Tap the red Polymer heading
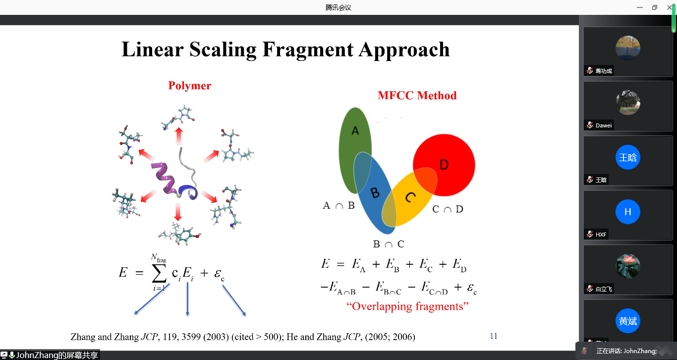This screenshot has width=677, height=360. [x=189, y=86]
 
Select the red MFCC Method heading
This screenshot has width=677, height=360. [x=417, y=96]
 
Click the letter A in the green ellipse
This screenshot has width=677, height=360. [x=355, y=130]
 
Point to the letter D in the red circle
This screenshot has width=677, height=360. [x=444, y=165]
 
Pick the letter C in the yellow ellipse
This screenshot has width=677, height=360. [x=410, y=197]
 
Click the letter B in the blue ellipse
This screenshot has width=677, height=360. [x=375, y=192]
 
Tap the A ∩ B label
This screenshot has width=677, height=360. [x=339, y=206]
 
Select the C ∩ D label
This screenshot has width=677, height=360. [x=448, y=209]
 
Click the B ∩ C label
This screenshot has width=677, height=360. [x=389, y=244]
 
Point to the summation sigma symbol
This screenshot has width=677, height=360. [x=159, y=273]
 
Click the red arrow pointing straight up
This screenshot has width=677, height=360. [x=179, y=136]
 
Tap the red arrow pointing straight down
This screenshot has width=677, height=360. [x=178, y=212]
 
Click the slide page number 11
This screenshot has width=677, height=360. [x=494, y=336]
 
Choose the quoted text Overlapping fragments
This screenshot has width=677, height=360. [x=407, y=306]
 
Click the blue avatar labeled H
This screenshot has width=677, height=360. [x=628, y=212]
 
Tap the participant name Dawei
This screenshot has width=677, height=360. [x=604, y=125]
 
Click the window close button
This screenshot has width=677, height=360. [x=670, y=7]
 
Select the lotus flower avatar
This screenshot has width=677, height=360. [x=628, y=266]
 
